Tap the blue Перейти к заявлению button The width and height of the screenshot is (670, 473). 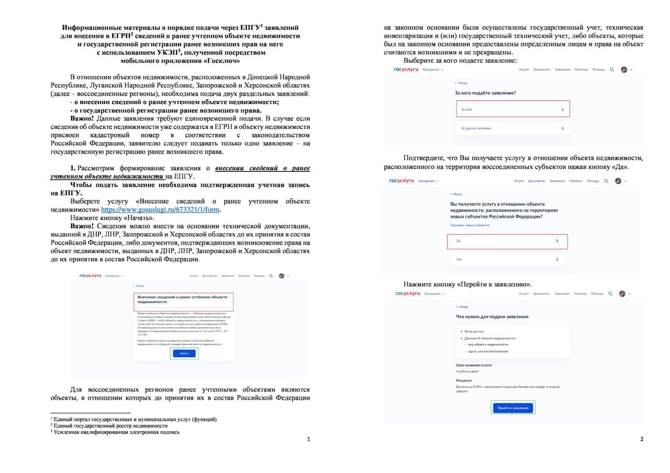pyautogui.click(x=513, y=408)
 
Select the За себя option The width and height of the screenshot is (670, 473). pyautogui.click(x=512, y=109)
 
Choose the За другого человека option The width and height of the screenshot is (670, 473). pyautogui.click(x=512, y=128)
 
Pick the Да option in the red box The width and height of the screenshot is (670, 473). pyautogui.click(x=507, y=241)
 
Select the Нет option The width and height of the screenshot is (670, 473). pyautogui.click(x=507, y=259)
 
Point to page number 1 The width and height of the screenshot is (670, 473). pyautogui.click(x=308, y=439)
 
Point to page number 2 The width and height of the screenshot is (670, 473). pyautogui.click(x=642, y=439)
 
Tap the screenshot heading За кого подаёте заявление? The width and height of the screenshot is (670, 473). pyautogui.click(x=485, y=93)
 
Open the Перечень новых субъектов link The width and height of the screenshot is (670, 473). pyautogui.click(x=470, y=225)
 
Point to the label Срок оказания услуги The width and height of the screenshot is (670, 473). pyautogui.click(x=474, y=365)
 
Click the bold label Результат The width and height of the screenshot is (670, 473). pyautogui.click(x=464, y=380)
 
